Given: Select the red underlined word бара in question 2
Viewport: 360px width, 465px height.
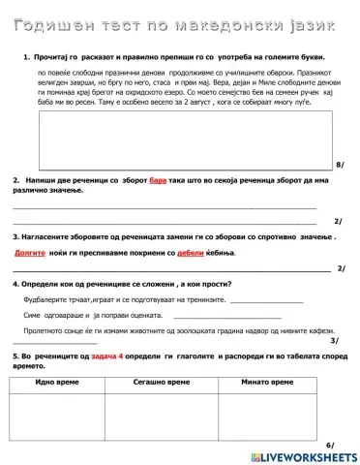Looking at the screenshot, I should [160, 181].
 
